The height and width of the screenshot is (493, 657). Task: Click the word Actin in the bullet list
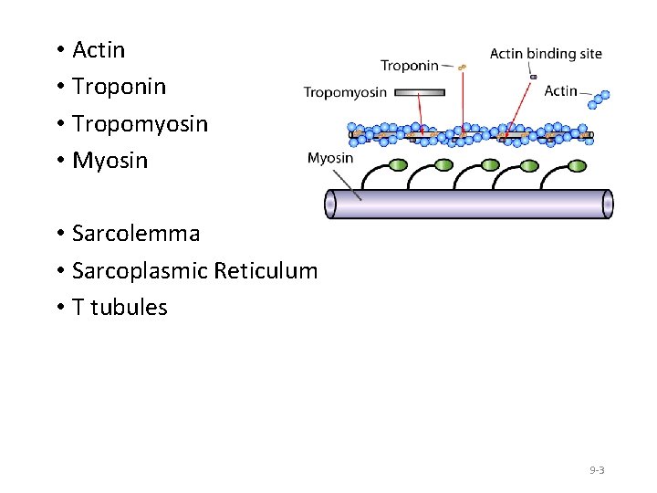click(99, 50)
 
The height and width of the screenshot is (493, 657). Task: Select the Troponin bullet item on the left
click(119, 87)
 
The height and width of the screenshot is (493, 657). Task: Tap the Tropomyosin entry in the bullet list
click(140, 123)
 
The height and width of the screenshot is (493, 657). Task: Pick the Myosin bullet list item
click(109, 161)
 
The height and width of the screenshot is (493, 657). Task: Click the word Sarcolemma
click(136, 234)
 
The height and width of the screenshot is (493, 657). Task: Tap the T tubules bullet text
click(120, 307)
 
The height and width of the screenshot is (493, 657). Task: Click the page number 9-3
click(597, 470)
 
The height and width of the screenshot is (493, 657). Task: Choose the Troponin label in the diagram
click(410, 66)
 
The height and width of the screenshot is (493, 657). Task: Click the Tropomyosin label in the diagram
click(345, 92)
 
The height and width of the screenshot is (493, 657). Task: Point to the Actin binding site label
click(546, 54)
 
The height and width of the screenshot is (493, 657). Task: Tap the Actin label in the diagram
click(560, 90)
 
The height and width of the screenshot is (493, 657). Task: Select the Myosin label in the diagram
click(330, 158)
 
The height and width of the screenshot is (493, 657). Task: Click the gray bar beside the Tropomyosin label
click(421, 92)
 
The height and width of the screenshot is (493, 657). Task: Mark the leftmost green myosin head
click(399, 165)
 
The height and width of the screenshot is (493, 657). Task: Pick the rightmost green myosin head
click(574, 165)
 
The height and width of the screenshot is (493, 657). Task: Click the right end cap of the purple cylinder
click(608, 204)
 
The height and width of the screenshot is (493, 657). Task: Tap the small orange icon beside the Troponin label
click(463, 67)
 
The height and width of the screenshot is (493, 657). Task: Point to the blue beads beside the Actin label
click(598, 98)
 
